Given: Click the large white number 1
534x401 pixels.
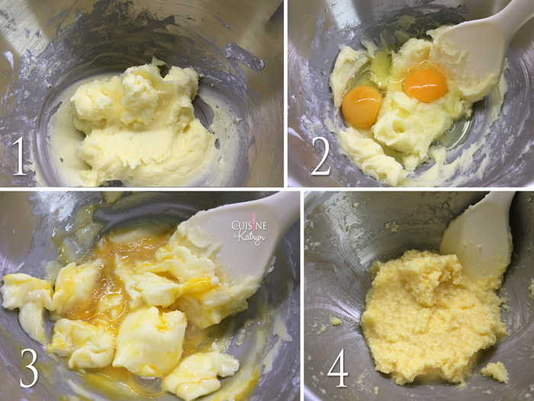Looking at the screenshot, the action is point(19,157).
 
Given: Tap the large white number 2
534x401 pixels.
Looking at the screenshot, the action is point(320,157).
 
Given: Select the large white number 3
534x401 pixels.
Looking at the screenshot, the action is point(29,368).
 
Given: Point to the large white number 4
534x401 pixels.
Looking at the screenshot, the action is point(338,368).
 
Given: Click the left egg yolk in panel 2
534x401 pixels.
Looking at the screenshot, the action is point(362,106).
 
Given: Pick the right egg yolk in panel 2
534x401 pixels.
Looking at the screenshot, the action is point(425,86).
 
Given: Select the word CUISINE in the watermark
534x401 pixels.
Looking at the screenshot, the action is point(249,225).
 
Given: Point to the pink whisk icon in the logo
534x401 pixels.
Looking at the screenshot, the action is point(253,220).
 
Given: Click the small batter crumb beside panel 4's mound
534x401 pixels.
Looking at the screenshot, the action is point(495,372).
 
